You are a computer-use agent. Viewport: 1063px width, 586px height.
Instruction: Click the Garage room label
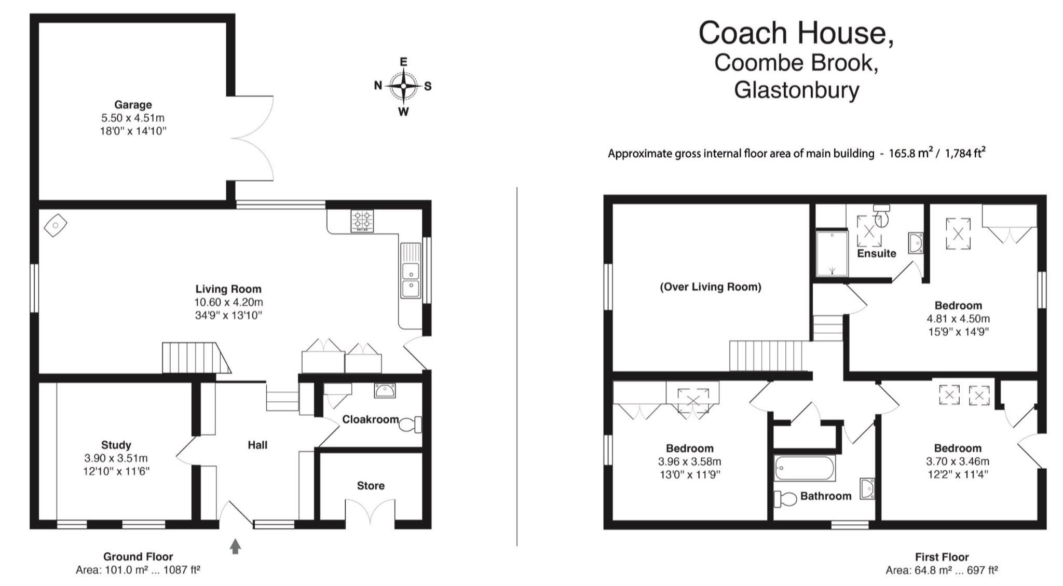coord(133,105)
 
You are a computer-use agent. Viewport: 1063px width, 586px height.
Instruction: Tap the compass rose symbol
coord(403,86)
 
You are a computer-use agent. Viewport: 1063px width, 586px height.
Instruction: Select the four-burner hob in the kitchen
coord(362,221)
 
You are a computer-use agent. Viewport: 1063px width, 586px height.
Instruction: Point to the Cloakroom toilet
coord(413,425)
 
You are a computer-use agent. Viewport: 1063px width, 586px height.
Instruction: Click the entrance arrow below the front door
coord(235,546)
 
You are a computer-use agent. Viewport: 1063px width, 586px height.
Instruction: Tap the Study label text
coord(116,445)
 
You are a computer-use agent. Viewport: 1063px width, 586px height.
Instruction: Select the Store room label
coord(371,486)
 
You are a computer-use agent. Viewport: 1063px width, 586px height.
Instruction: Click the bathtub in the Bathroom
coord(805,469)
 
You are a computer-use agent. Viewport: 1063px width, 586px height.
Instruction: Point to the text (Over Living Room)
coord(710,287)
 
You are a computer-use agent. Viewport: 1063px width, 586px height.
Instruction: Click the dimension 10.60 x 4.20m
coord(228,302)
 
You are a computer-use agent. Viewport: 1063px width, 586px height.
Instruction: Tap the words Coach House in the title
coord(795,33)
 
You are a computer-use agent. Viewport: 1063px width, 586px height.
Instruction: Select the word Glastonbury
coord(796,90)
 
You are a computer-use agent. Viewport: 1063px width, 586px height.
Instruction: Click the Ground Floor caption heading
coord(138,557)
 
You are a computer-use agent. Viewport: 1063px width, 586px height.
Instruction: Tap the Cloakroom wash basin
coord(385,391)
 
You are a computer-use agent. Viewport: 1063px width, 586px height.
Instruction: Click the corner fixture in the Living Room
coord(55,225)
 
